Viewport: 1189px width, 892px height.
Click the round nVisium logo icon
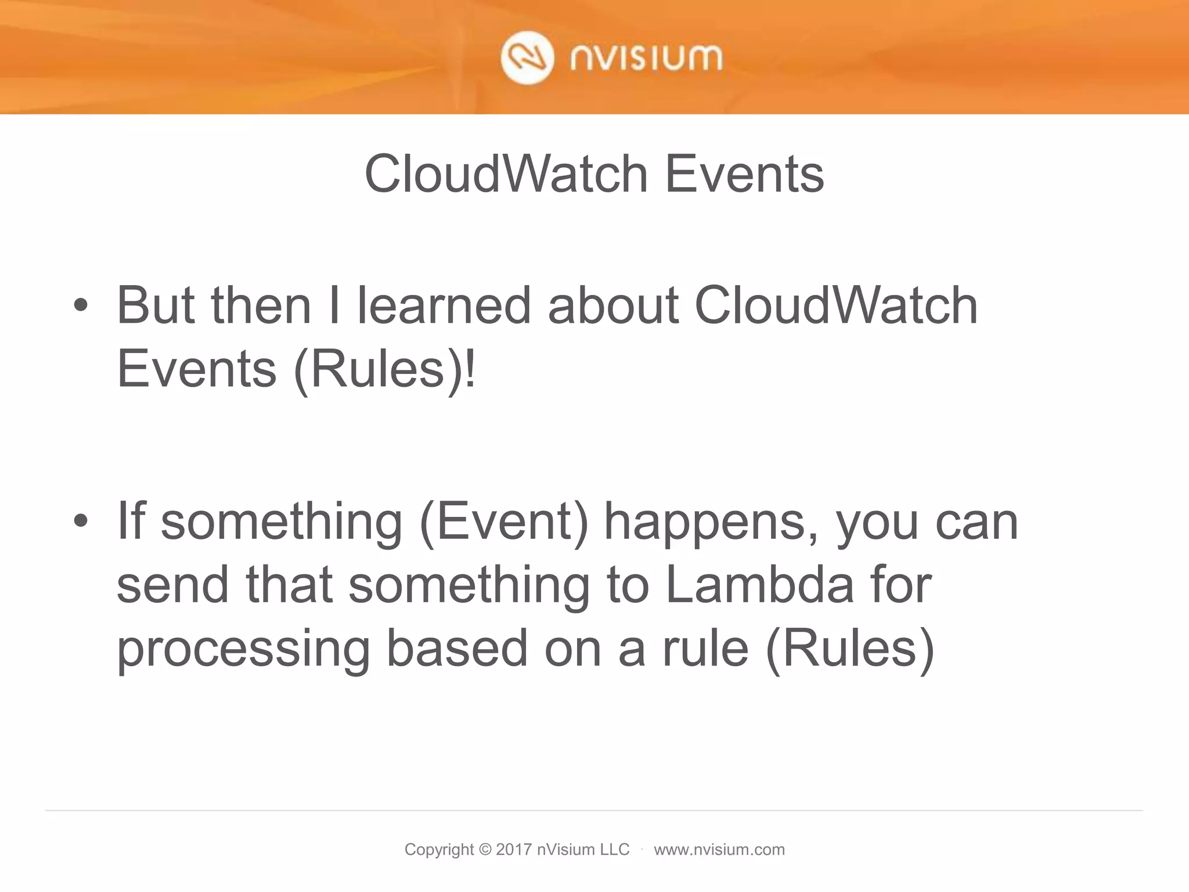(527, 59)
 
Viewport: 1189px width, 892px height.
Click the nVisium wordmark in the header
(646, 59)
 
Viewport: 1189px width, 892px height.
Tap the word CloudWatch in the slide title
(506, 174)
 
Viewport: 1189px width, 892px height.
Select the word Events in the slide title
(744, 174)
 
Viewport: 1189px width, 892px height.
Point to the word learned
(444, 305)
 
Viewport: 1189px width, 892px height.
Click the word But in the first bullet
(156, 305)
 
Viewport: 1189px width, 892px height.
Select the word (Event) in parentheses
(503, 521)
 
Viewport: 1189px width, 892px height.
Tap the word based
(457, 648)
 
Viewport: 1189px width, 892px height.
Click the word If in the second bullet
(131, 521)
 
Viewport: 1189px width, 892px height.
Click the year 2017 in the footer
(513, 850)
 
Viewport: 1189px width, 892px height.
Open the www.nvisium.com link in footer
(719, 850)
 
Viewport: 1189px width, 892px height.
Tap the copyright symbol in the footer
(485, 850)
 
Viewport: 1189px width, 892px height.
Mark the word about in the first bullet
(613, 305)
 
